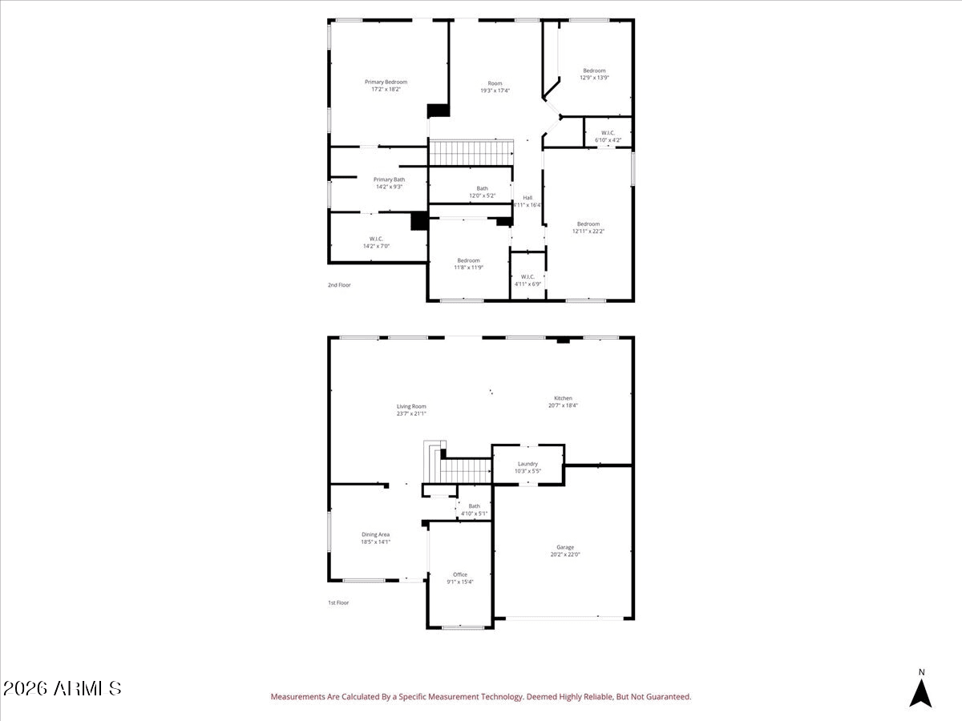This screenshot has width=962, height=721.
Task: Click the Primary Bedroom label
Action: click(386, 82)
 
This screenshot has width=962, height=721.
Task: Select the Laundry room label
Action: click(527, 464)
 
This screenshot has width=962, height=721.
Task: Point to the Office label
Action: click(459, 574)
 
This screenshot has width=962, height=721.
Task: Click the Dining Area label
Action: click(375, 534)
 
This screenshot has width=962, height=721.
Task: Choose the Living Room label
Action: click(411, 406)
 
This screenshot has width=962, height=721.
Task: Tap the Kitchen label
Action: click(563, 398)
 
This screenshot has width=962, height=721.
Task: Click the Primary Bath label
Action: click(389, 179)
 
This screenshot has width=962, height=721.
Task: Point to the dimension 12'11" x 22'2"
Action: click(588, 232)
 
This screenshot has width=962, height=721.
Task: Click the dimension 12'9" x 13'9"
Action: click(594, 78)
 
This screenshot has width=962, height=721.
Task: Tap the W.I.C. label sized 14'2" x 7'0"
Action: click(376, 239)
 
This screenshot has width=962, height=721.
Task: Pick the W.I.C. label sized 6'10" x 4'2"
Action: click(608, 133)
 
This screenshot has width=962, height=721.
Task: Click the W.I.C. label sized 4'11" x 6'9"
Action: click(527, 276)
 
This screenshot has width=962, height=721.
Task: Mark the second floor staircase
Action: click(471, 151)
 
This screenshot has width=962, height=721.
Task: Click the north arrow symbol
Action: click(921, 691)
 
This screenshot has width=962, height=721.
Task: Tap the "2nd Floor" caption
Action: click(338, 285)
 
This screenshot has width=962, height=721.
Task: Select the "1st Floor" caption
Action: click(338, 602)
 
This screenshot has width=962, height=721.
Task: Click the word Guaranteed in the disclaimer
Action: click(668, 697)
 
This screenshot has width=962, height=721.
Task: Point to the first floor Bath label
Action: click(475, 506)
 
